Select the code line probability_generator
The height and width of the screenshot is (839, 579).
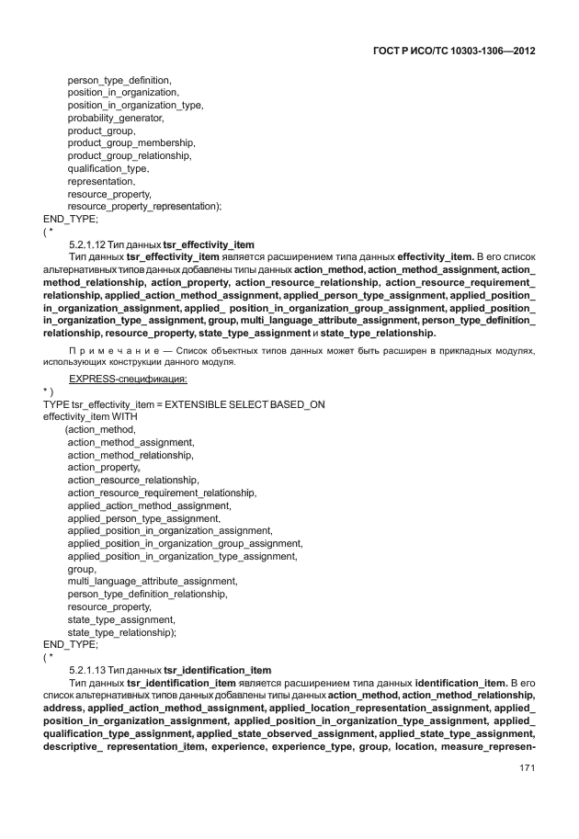point(116,119)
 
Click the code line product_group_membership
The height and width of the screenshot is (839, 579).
point(131,143)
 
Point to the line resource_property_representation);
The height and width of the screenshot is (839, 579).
point(144,207)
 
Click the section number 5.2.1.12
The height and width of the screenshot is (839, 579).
point(90,244)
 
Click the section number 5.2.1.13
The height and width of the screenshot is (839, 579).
point(90,670)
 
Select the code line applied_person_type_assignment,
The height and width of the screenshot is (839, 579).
point(143,518)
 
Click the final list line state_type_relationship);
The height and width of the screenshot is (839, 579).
point(121,632)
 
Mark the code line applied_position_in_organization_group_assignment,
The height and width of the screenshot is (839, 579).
point(185,543)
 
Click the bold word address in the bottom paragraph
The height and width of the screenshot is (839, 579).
point(62,709)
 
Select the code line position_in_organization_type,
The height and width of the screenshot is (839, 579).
point(135,106)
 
